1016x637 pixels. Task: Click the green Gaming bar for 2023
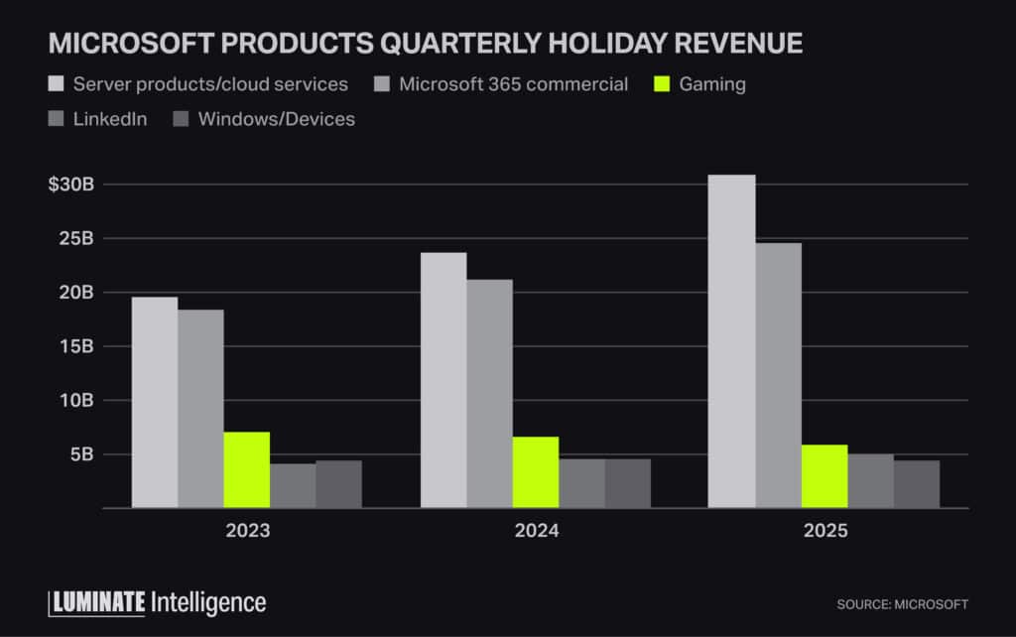246,469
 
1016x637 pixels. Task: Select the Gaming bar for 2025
824,476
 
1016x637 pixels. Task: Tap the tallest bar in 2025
731,341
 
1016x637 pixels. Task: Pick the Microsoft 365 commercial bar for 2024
489,393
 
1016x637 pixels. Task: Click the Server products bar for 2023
155,402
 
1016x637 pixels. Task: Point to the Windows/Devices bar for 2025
916,484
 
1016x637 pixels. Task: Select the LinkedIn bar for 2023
293,485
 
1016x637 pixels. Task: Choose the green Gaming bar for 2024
535,472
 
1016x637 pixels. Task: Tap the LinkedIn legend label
109,119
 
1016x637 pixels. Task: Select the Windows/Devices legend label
276,119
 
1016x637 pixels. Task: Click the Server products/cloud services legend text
210,84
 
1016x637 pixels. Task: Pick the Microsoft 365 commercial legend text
513,84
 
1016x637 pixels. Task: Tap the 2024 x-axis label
536,531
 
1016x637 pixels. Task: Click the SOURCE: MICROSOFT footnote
902,604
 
